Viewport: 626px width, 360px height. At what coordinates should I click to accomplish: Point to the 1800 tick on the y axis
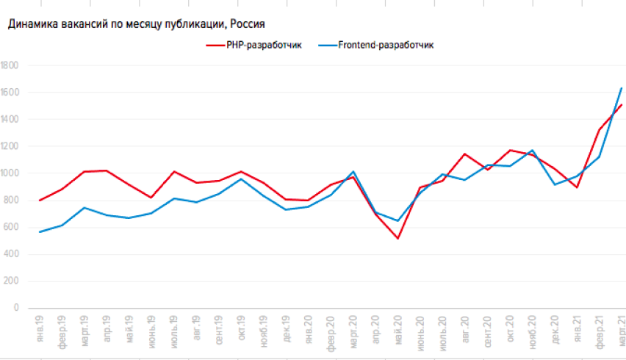click(10, 65)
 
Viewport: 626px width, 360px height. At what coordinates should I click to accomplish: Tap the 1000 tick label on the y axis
click(10, 173)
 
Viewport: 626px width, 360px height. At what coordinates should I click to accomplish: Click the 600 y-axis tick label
click(12, 228)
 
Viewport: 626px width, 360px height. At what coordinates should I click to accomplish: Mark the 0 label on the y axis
click(15, 309)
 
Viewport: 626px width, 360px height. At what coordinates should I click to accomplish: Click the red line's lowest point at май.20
click(397, 238)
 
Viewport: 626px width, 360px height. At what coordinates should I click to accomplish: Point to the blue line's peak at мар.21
click(622, 88)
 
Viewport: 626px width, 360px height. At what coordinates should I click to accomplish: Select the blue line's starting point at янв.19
click(39, 232)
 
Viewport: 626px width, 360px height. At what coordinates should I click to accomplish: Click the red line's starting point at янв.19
click(39, 201)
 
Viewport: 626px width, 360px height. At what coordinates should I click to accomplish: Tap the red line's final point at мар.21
click(622, 104)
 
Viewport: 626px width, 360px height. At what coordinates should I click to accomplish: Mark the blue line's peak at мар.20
click(353, 171)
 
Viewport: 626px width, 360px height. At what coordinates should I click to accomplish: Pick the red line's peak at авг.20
click(464, 154)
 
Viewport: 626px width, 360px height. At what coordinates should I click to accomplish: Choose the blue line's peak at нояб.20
click(532, 151)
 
